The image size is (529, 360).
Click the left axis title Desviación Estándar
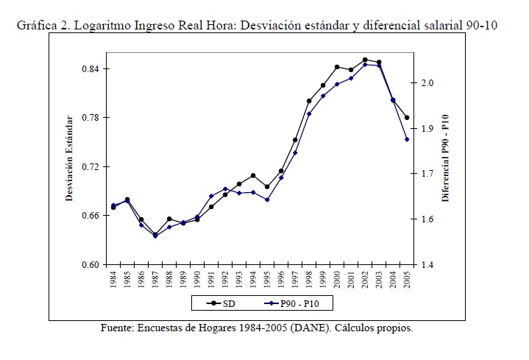click(x=70, y=158)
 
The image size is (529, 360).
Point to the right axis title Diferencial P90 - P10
click(x=446, y=158)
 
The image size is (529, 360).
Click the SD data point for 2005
click(x=407, y=118)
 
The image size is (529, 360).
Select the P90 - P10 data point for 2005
click(x=407, y=139)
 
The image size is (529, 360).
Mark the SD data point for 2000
click(x=337, y=67)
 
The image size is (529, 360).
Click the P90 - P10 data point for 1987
click(x=155, y=236)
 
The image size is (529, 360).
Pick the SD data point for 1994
click(x=253, y=176)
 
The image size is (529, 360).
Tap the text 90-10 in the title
click(x=482, y=25)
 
